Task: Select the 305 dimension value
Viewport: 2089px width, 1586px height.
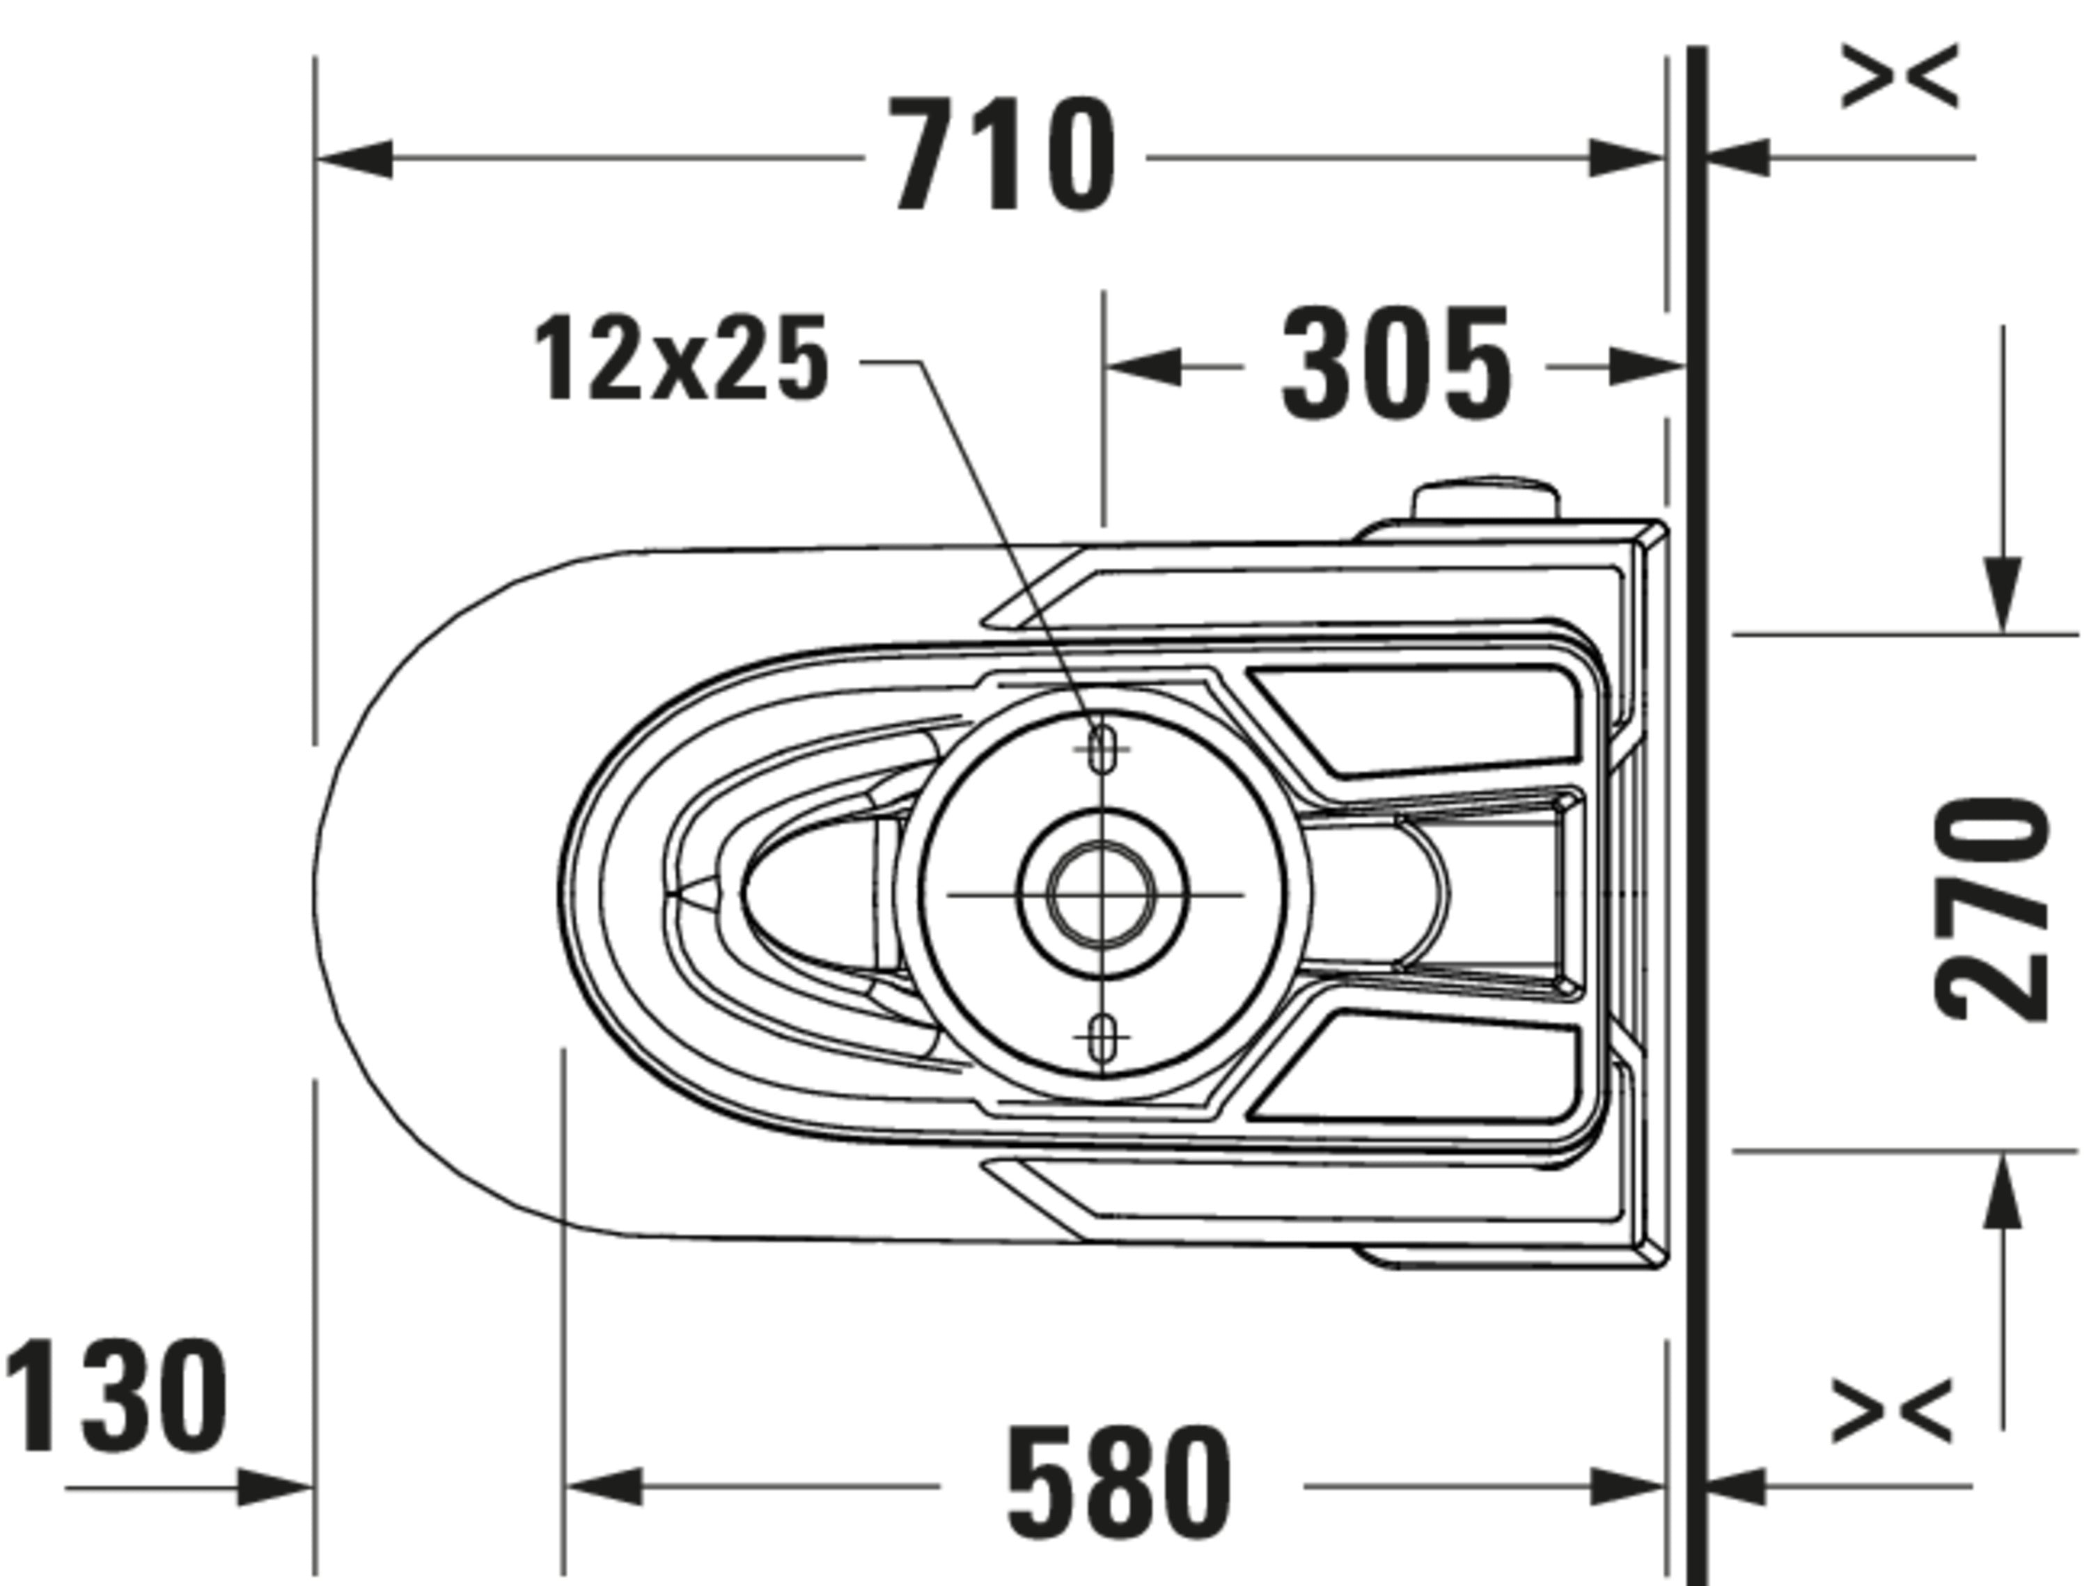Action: pyautogui.click(x=1396, y=363)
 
